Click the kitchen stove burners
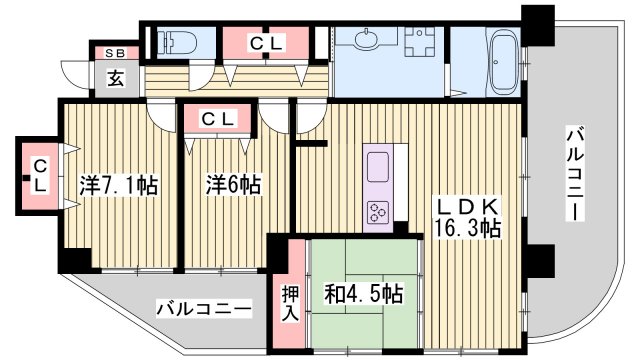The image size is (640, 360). coord(380,211)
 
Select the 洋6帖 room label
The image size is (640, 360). coord(234,185)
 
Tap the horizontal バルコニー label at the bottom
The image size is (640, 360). coord(204,309)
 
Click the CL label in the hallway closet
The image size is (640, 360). coord(265,43)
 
